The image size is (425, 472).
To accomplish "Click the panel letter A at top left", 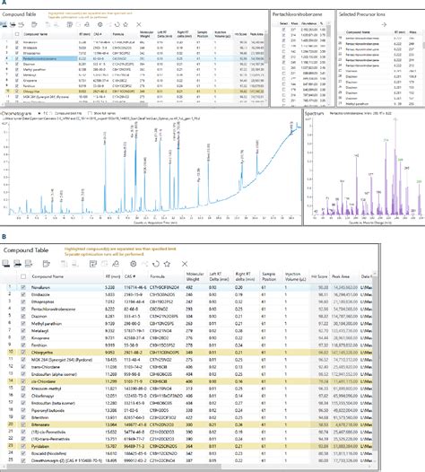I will click(x=5, y=4).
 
